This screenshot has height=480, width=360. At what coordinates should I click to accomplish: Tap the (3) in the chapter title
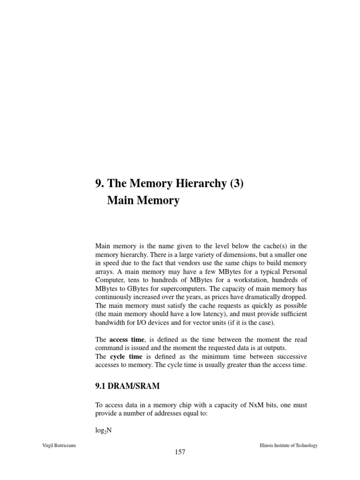(236, 184)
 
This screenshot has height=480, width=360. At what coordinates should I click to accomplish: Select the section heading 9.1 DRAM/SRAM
(127, 386)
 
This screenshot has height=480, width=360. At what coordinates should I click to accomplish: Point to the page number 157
(180, 452)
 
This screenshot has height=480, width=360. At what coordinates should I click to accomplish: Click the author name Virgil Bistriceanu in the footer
(59, 445)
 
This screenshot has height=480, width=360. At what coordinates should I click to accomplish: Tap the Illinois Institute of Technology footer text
(288, 445)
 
